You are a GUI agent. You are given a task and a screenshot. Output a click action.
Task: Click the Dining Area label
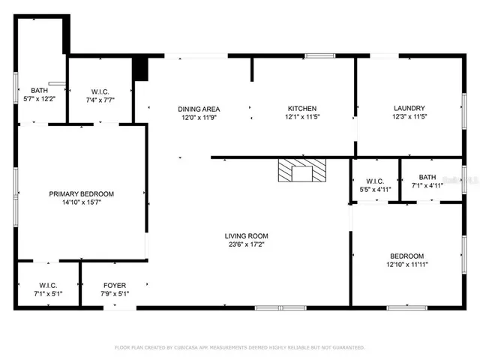[x=198, y=108]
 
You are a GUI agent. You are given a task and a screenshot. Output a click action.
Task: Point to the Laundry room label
[x=409, y=108]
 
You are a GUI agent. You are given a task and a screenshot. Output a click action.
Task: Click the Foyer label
[x=115, y=286]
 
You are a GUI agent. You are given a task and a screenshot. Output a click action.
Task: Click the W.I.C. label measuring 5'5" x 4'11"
[x=375, y=181]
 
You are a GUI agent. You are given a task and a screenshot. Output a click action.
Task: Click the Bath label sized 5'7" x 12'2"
[x=38, y=90]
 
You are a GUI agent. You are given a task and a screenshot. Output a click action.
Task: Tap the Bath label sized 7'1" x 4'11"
[x=427, y=177]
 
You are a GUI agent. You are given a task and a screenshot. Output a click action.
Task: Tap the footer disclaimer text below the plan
[x=239, y=347]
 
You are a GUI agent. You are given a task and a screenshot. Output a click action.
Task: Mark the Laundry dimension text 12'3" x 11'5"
[x=409, y=117]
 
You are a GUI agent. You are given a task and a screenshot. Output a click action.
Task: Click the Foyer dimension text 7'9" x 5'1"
[x=115, y=294]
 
